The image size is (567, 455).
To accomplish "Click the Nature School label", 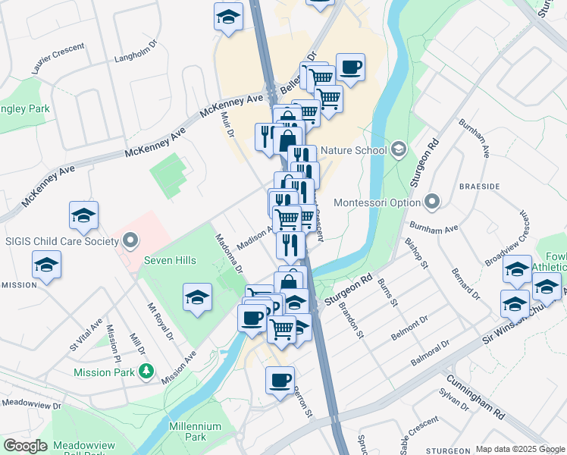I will tap(353, 149).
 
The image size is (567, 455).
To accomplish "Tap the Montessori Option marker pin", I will tap(432, 202).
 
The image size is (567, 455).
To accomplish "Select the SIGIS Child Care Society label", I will tap(62, 241).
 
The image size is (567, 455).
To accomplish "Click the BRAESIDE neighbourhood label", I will tap(478, 186).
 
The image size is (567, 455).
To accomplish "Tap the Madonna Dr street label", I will tap(228, 253).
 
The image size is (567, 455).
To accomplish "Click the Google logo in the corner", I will tap(25, 446).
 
